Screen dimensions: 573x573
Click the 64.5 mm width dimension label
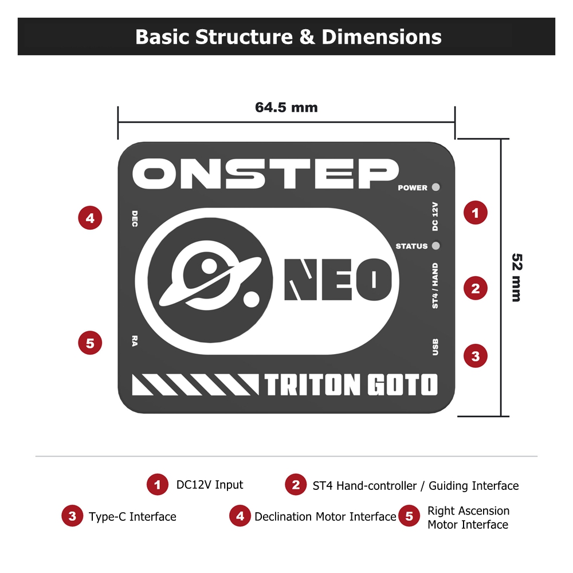point(286,108)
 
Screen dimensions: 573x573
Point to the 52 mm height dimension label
point(517,277)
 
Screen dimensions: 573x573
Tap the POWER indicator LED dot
point(435,187)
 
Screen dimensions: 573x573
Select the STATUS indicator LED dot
point(435,246)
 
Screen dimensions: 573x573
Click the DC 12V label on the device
point(435,217)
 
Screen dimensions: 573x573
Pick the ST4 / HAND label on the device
point(435,285)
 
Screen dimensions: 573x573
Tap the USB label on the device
point(435,347)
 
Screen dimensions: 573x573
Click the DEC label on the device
point(135,218)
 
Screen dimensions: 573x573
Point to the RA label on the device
point(135,341)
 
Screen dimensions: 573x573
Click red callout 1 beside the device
point(476,213)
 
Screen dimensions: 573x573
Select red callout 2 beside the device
point(476,288)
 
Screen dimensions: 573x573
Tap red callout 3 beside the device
point(476,356)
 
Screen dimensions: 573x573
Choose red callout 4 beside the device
point(90,218)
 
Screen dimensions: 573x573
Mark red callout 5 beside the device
point(90,343)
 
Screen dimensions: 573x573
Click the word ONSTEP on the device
point(265,174)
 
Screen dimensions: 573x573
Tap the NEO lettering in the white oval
point(338,280)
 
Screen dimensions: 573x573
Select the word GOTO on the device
point(402,384)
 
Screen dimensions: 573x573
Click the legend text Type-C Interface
point(132,517)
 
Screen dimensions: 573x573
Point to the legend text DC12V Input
point(209,485)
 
